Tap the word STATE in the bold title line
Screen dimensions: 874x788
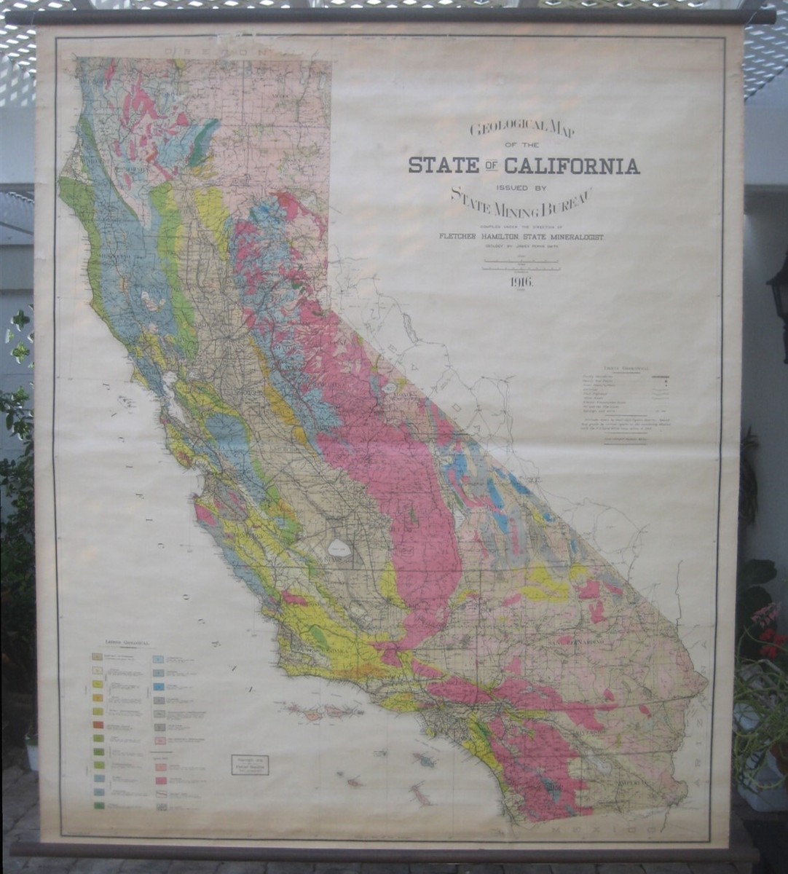(x=443, y=165)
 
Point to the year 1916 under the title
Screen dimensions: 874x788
(x=522, y=283)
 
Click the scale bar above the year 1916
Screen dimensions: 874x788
(x=522, y=267)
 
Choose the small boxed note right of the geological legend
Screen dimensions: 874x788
(x=249, y=765)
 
